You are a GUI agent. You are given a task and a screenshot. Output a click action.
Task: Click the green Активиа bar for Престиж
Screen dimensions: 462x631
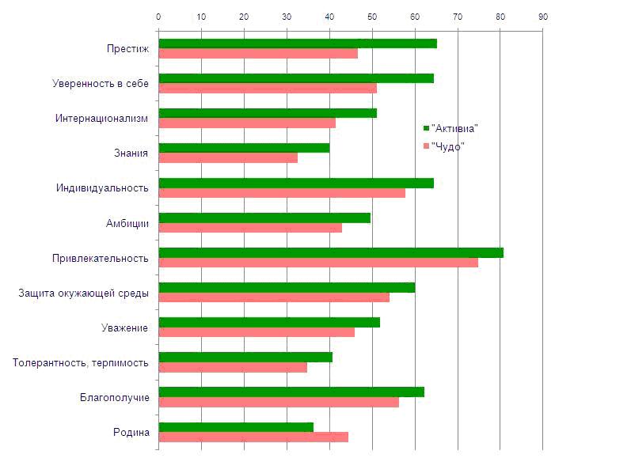(x=298, y=44)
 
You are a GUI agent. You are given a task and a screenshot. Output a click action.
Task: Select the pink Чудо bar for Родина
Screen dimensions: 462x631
(x=253, y=437)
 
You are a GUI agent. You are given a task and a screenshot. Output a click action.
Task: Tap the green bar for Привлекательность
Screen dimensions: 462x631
(x=331, y=252)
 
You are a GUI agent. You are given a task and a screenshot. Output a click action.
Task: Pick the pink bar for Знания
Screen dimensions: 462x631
(x=228, y=158)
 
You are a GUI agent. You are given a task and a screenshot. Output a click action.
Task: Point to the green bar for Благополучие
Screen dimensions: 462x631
(x=291, y=392)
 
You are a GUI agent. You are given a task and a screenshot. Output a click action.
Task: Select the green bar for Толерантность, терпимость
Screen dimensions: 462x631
(x=245, y=357)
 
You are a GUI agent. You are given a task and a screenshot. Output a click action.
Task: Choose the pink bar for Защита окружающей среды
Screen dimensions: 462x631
(x=274, y=297)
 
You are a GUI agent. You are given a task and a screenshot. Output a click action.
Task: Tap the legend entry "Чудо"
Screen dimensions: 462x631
(x=447, y=146)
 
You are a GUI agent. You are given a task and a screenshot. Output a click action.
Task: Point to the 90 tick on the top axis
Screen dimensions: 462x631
(x=542, y=17)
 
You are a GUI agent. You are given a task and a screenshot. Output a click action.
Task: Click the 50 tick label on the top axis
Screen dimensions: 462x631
(x=372, y=17)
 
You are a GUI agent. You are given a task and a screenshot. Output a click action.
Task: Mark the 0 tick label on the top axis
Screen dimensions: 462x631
(x=159, y=17)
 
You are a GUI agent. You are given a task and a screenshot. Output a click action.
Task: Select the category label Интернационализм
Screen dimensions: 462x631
(x=101, y=119)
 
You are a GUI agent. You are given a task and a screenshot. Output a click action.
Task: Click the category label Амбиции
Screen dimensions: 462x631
(x=127, y=223)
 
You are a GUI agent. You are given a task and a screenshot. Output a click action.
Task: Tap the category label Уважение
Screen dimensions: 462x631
(x=124, y=328)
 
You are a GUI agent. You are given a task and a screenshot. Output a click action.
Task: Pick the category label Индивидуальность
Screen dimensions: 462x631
(x=102, y=188)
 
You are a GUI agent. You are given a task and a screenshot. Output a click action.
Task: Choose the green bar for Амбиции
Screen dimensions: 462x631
(x=264, y=218)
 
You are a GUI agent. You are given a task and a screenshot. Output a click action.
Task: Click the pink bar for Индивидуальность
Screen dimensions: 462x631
(x=282, y=193)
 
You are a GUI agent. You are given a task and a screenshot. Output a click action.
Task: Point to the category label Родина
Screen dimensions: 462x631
(x=131, y=432)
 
